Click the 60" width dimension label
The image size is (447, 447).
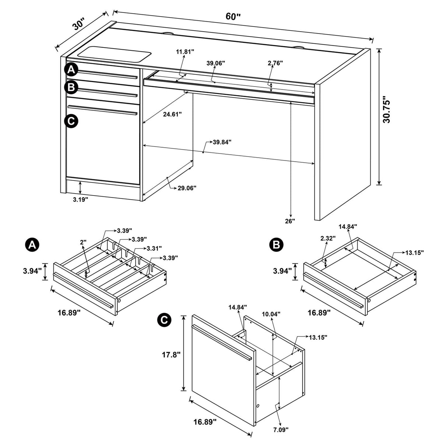pos(233,17)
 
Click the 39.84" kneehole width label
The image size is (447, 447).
pos(222,142)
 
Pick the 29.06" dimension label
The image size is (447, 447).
pos(187,188)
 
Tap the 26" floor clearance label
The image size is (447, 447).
pos(290,221)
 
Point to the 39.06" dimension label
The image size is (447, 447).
pos(216,63)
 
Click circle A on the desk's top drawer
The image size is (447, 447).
pos(71,70)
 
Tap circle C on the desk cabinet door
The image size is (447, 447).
pos(71,121)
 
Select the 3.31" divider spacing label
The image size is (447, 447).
pos(154,249)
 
